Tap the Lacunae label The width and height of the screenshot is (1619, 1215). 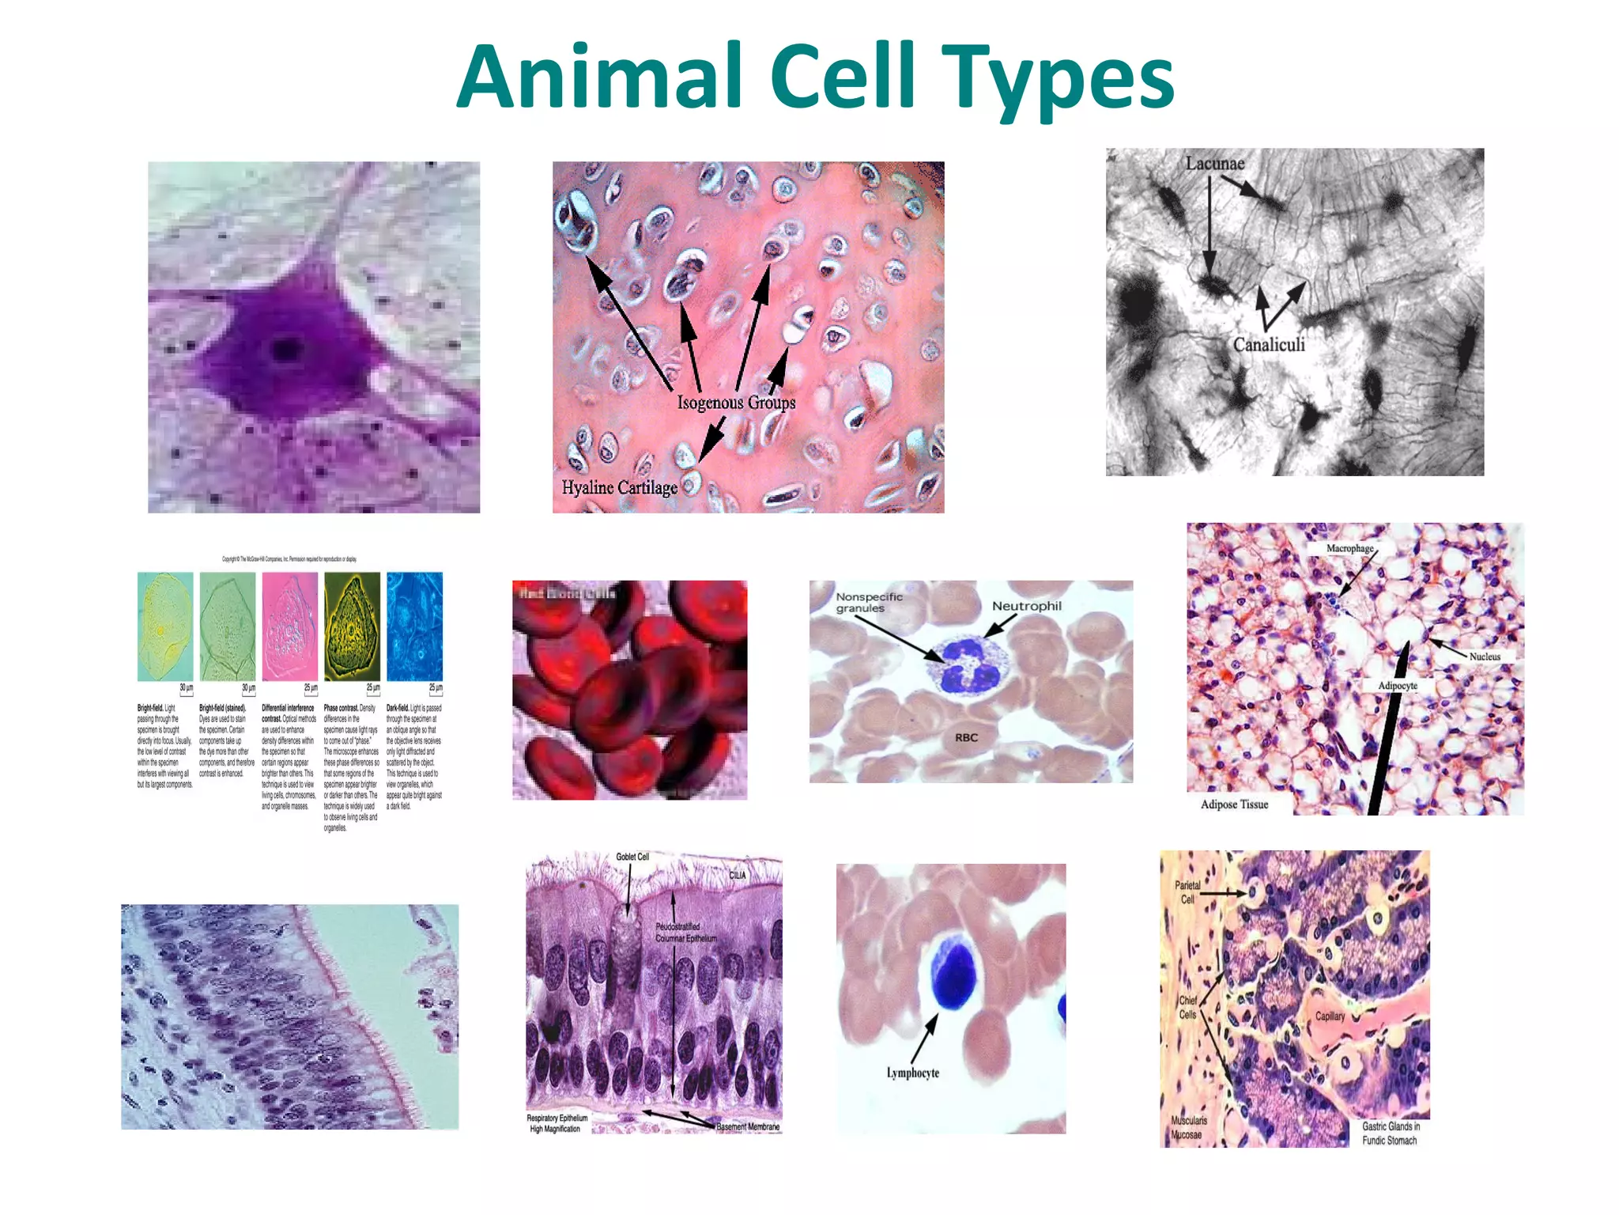1214,164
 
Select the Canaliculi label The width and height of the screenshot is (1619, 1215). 1269,345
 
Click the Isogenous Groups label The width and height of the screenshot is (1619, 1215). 736,403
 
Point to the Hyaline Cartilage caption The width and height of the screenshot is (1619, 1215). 619,487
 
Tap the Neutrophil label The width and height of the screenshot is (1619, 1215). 1026,606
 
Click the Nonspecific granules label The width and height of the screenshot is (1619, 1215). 868,603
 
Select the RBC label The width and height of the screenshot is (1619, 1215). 966,737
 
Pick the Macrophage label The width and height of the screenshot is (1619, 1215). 1349,548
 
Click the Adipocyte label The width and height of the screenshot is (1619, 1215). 1398,686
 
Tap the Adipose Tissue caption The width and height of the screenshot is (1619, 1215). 1234,804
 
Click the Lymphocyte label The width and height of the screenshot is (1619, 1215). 912,1073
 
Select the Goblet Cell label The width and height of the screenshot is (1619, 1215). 632,857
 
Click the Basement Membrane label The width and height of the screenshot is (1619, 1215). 747,1126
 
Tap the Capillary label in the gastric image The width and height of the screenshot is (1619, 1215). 1330,1016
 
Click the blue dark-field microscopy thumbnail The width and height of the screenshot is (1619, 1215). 414,626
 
